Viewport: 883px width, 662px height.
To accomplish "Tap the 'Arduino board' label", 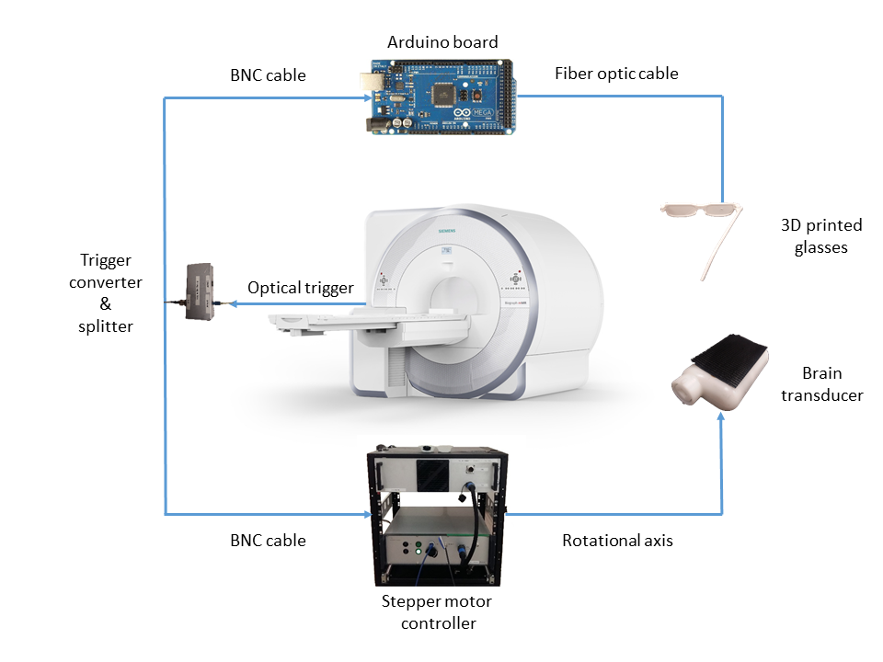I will pyautogui.click(x=442, y=42).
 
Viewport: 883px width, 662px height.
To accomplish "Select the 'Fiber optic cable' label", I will pyautogui.click(x=616, y=74).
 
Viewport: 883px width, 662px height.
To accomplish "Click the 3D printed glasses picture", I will pyautogui.click(x=703, y=230).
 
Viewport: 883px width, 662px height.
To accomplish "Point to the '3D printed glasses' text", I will pyautogui.click(x=813, y=235).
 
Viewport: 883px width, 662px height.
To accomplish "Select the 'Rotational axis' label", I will pyautogui.click(x=617, y=541).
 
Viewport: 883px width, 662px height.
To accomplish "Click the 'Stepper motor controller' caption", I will pyautogui.click(x=437, y=612).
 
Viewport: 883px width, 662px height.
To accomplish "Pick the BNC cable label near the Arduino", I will pyautogui.click(x=268, y=74).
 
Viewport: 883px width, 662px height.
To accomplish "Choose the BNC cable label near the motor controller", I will pyautogui.click(x=268, y=541).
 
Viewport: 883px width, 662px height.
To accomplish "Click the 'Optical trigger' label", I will pyautogui.click(x=301, y=288).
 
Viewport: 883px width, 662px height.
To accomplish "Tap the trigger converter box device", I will pyautogui.click(x=200, y=291).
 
